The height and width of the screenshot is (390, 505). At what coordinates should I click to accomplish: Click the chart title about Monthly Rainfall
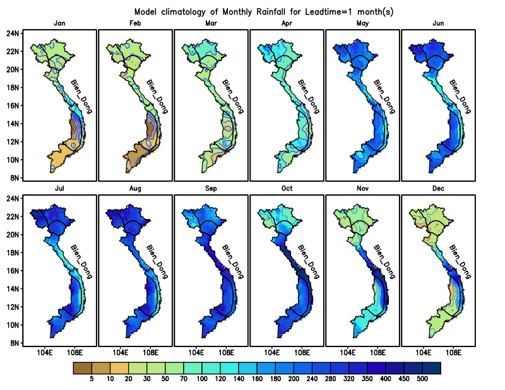point(264,12)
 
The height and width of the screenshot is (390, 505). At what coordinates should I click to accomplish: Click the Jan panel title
point(59,23)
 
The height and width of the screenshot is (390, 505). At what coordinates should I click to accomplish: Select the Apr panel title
point(287,23)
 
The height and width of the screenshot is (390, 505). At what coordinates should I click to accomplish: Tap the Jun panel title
point(438,23)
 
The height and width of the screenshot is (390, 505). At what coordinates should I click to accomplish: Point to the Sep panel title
point(211,189)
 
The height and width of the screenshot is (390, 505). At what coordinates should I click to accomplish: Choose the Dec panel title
point(438,189)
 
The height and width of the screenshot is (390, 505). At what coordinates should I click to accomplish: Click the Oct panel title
point(287,189)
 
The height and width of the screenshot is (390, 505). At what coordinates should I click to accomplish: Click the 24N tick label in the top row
point(12,33)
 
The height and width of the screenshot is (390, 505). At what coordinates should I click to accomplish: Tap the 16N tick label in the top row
point(12,105)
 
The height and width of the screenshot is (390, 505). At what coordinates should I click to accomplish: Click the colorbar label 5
point(92,379)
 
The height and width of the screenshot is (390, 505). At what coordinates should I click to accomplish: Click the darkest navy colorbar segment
point(431,367)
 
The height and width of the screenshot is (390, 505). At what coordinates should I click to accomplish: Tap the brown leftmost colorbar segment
point(82,367)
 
